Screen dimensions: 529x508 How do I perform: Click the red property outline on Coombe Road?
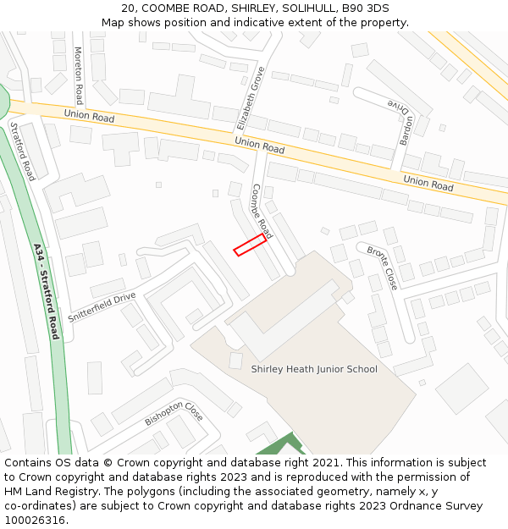250,245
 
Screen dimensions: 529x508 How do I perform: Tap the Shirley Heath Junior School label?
314,369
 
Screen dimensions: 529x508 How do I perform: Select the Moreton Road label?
79,69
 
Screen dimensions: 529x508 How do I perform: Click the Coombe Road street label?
262,210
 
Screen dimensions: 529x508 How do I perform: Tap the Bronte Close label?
382,268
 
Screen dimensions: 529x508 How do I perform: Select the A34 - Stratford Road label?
46,291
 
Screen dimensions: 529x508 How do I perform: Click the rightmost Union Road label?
428,182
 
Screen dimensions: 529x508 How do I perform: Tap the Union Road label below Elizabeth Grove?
260,146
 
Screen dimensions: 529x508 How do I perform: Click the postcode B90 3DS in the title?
366,8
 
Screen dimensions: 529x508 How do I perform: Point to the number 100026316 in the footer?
33,520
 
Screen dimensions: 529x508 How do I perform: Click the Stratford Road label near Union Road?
23,151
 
